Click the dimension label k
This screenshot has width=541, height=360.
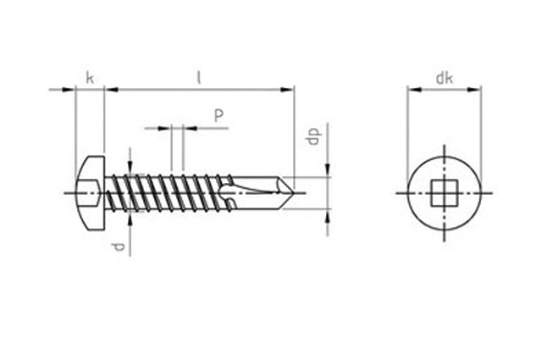(90, 78)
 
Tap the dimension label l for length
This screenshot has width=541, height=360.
(199, 78)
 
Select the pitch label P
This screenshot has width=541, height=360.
(218, 116)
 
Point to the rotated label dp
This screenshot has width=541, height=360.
(314, 136)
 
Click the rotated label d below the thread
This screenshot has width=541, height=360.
(118, 247)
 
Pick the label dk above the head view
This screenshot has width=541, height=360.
(444, 79)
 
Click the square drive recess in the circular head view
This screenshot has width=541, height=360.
(444, 193)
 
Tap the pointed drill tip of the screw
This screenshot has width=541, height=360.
(289, 193)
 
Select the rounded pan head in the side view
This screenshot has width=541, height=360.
(90, 193)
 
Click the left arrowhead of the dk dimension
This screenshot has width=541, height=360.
(414, 90)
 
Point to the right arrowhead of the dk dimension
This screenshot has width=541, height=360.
(474, 90)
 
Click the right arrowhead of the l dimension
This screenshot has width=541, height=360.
(287, 90)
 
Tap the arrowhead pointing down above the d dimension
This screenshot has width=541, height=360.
(130, 166)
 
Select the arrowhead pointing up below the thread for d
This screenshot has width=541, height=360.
(130, 219)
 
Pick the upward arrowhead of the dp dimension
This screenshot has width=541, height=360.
(328, 215)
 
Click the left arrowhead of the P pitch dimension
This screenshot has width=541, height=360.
(164, 129)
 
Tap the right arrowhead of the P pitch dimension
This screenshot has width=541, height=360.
(190, 129)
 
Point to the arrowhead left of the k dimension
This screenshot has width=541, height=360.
(69, 90)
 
